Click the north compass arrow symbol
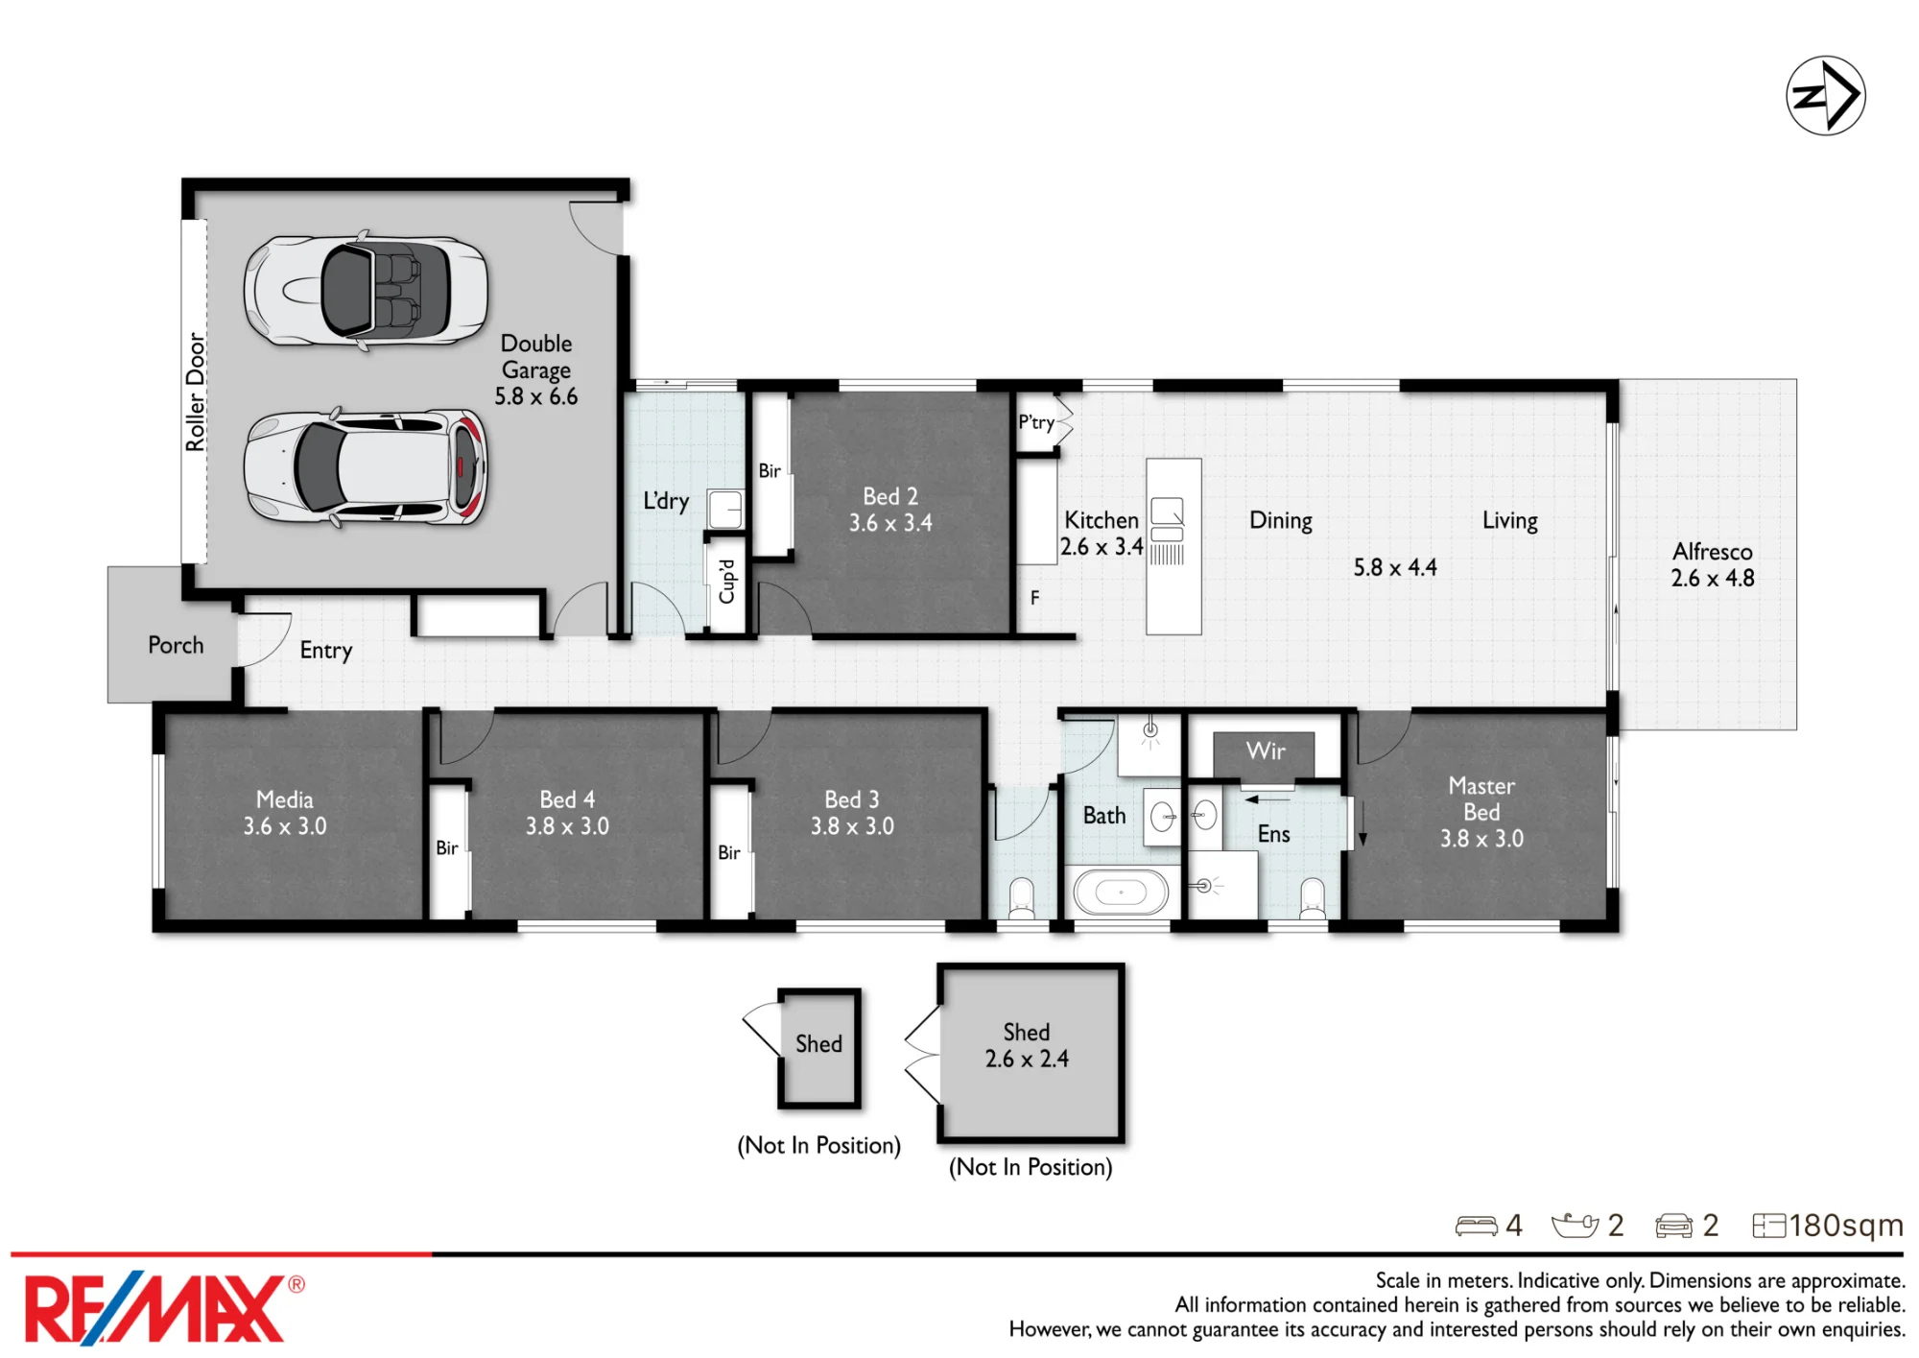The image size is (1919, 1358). (1825, 96)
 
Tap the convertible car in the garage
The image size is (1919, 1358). (366, 290)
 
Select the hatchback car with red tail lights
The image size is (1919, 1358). (366, 467)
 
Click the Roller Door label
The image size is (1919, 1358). (196, 392)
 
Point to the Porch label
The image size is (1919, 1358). (176, 645)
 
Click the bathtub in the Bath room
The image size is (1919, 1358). (1121, 893)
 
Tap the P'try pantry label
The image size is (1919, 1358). (1036, 422)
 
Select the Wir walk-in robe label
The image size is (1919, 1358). (1266, 750)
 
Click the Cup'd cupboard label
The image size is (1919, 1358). (726, 582)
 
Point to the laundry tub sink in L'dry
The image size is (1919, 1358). (725, 509)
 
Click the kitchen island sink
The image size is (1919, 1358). (1168, 519)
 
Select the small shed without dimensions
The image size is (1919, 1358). (818, 1048)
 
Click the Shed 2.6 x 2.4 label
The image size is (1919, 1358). (1027, 1045)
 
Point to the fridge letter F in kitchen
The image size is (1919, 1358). (1034, 598)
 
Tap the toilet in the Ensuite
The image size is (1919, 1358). (1313, 899)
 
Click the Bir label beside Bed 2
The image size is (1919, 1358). (770, 471)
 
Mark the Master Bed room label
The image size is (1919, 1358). (1481, 812)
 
